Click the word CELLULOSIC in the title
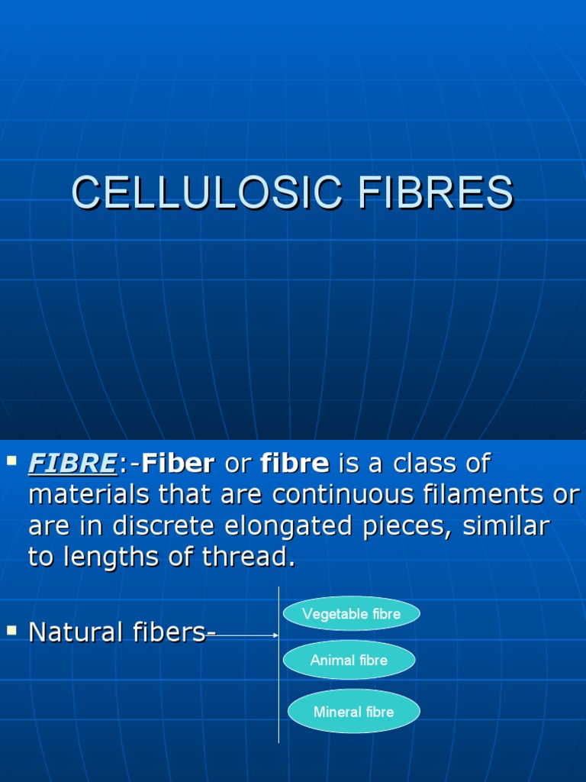206,192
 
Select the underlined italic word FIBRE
72,463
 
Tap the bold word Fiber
178,463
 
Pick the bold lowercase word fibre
295,463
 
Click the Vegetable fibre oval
351,614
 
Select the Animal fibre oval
349,661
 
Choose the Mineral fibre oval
353,712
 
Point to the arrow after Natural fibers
248,635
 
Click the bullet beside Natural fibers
11,630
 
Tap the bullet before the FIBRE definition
11,460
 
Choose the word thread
248,557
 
